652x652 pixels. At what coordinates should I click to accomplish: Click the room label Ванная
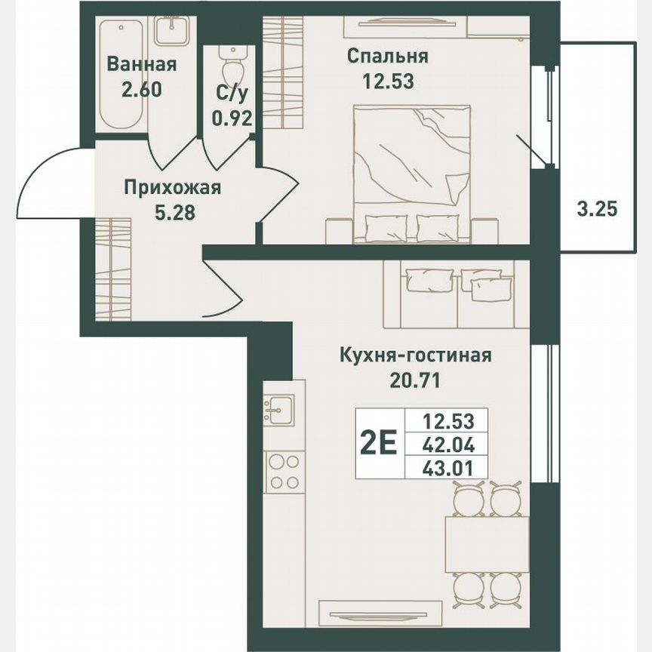[x=141, y=64]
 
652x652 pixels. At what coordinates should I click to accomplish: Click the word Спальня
[x=388, y=57]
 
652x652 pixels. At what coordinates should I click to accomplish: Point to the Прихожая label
[x=173, y=187]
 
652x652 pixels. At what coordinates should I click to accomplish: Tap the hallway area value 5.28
[x=174, y=213]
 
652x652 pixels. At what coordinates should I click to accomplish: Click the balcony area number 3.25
[x=598, y=209]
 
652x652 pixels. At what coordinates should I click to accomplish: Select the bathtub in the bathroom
[x=121, y=75]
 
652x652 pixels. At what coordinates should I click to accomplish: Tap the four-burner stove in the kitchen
[x=284, y=472]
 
